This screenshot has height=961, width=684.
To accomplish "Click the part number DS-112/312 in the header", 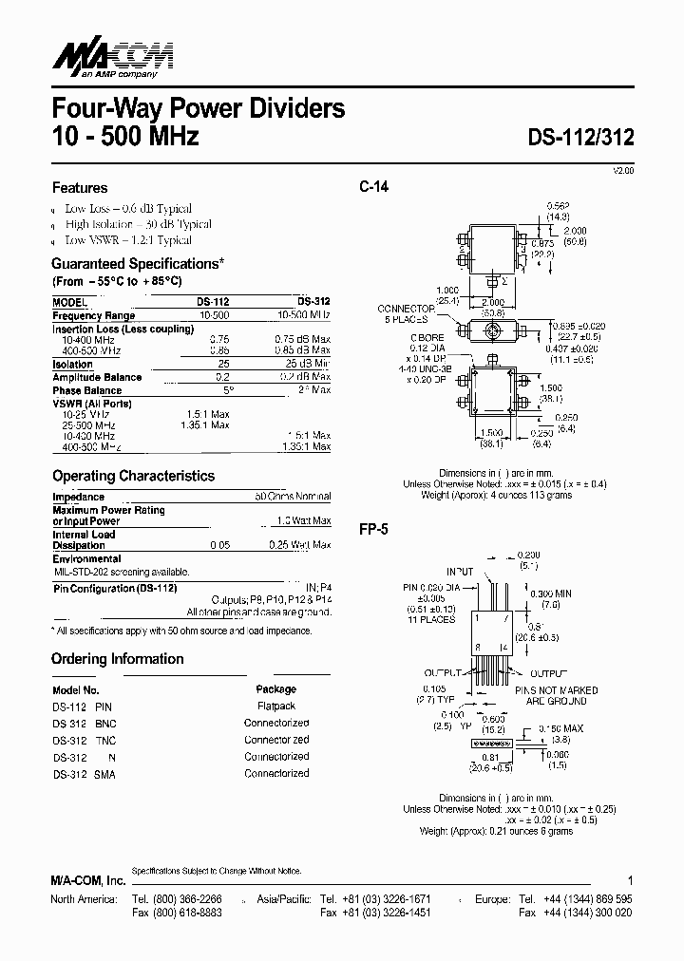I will coord(580,136).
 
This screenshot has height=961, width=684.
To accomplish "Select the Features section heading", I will coord(80,188).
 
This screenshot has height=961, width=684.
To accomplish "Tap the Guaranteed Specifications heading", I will coord(138,263).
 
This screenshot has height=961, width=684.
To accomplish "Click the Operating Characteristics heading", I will coord(133,476).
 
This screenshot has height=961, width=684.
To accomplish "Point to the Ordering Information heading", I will coord(118,659).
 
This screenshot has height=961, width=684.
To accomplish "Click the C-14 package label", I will coord(373,186).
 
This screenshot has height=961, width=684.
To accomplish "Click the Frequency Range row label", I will coord(93,315).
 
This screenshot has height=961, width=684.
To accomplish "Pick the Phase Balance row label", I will coord(86,390).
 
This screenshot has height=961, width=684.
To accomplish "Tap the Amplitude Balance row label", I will coord(96,377).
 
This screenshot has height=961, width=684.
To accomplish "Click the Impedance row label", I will coord(78,497).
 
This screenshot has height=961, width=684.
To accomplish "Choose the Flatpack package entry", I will coord(276,707).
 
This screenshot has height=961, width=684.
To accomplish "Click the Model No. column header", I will coord(76,690).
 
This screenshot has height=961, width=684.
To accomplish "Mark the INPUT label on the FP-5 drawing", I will coord(460,572).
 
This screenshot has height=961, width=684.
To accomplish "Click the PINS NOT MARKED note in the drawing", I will coord(556,690).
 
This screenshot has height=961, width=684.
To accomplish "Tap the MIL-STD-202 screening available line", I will coord(121,572).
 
